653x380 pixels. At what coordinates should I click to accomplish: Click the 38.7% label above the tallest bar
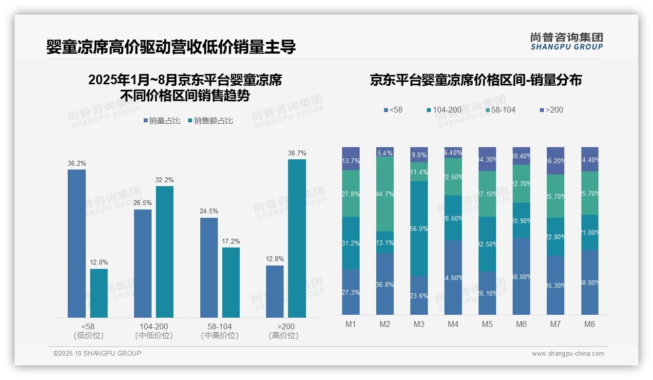(x=297, y=153)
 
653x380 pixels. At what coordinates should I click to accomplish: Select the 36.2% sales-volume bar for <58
(x=77, y=244)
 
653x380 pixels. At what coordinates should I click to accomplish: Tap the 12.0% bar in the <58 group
(x=99, y=293)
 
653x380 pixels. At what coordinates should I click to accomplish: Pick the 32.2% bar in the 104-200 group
(x=165, y=252)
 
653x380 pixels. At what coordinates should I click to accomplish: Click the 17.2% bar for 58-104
(x=231, y=283)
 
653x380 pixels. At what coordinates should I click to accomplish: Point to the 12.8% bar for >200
(x=275, y=291)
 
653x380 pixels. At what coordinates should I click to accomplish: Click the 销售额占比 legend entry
(x=210, y=121)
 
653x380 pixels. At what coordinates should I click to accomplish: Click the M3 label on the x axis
(x=419, y=324)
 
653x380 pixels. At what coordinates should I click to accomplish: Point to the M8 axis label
(x=590, y=324)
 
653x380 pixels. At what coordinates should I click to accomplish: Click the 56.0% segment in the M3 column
(x=419, y=228)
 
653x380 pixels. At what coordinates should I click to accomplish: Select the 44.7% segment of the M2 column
(x=385, y=194)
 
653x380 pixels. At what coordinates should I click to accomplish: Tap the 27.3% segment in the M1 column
(x=351, y=292)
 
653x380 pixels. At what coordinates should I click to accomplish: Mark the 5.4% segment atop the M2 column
(x=385, y=152)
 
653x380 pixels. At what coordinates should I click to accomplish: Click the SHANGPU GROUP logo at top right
(x=567, y=41)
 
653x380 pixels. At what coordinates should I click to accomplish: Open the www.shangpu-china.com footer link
(x=568, y=354)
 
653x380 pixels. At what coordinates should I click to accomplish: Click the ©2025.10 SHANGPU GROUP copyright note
(x=97, y=353)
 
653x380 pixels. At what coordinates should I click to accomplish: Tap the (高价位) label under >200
(x=284, y=336)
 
